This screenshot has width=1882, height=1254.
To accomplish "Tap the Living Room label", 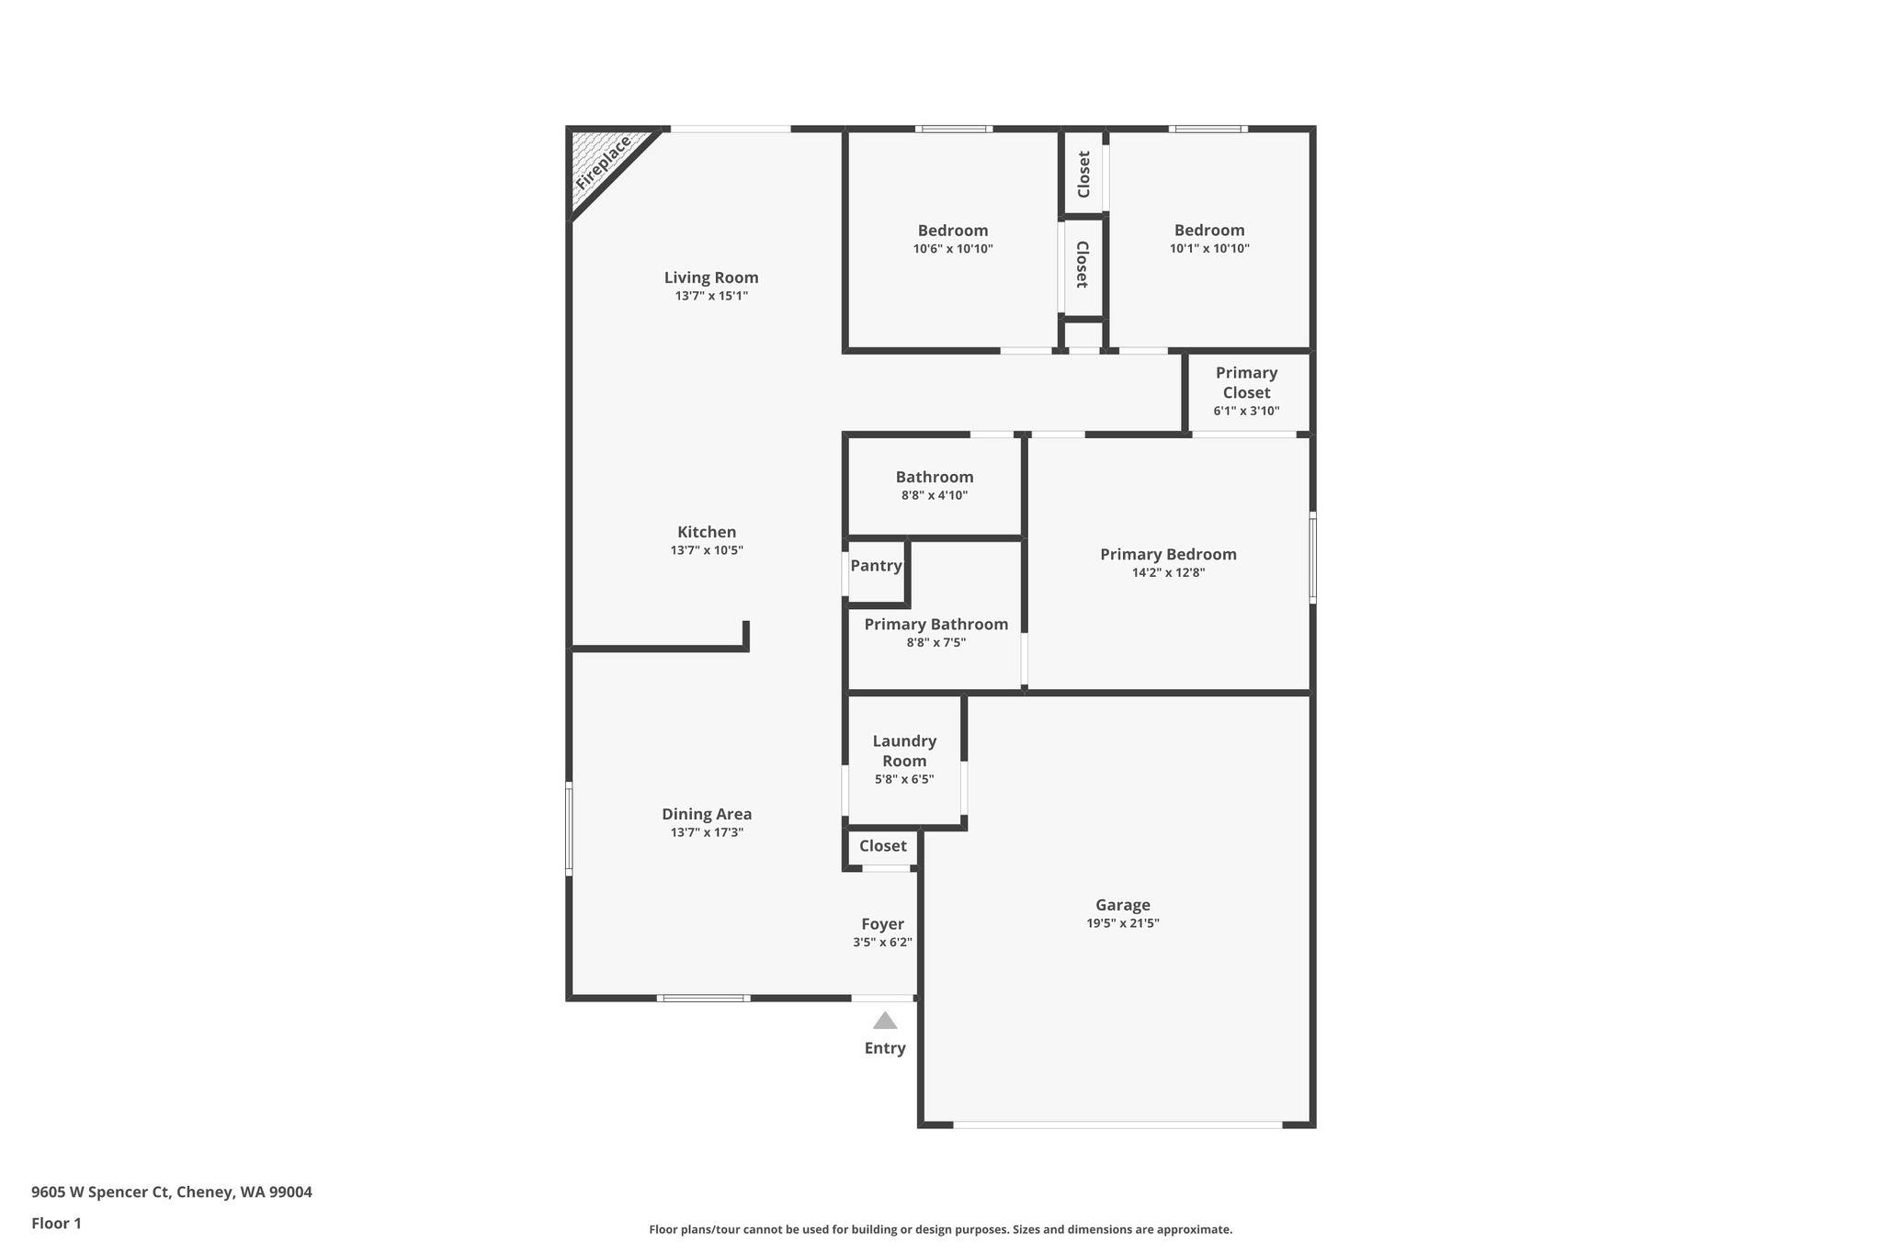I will click(x=711, y=277).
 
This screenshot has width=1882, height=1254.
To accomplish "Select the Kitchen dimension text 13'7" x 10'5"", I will click(x=707, y=550).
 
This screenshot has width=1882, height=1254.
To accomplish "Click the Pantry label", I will click(x=876, y=566).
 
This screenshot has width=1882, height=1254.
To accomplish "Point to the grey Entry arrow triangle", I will click(x=885, y=1021).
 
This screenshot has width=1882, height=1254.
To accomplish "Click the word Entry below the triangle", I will click(x=885, y=1048).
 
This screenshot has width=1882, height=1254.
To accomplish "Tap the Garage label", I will click(x=1122, y=905).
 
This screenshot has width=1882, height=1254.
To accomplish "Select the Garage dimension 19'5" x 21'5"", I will click(x=1122, y=923).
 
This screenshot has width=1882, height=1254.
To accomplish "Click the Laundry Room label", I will click(x=904, y=751).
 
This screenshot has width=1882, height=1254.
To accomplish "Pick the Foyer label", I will click(x=882, y=924).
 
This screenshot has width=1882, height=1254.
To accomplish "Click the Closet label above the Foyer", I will click(x=882, y=846).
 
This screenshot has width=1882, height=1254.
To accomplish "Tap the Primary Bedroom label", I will click(x=1168, y=554).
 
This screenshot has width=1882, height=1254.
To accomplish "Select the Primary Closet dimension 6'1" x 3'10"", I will click(x=1246, y=411).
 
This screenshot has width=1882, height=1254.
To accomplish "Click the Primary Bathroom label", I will click(x=935, y=625).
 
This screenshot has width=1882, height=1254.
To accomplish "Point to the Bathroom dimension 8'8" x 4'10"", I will click(x=935, y=495).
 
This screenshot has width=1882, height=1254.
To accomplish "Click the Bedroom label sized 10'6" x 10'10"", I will click(x=953, y=231).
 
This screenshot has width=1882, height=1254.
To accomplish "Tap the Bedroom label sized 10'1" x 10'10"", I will click(x=1209, y=231).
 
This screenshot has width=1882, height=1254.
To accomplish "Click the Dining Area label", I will click(x=707, y=814).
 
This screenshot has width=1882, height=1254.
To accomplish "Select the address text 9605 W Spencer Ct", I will click(x=101, y=1192).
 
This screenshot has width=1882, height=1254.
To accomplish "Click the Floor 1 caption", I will click(x=56, y=1224).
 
